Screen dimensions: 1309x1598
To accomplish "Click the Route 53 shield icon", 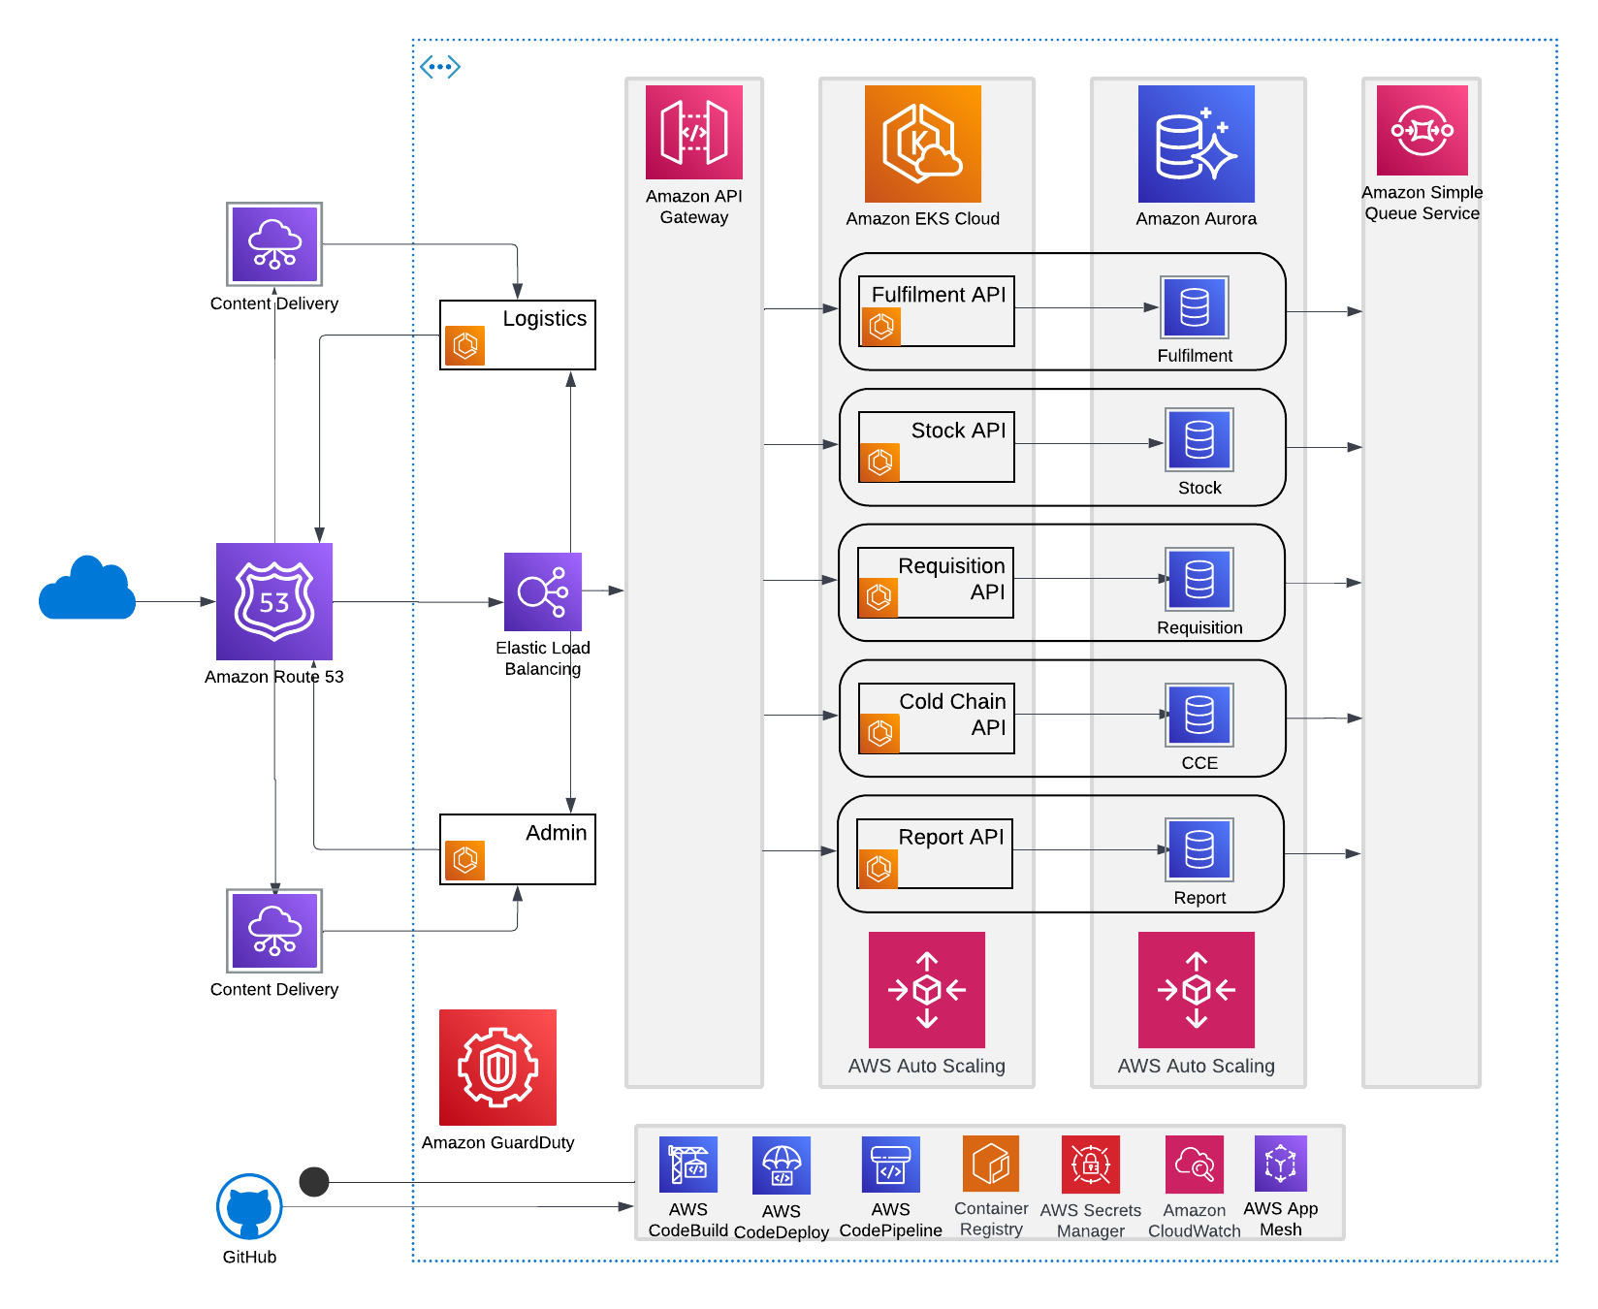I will pos(274,601).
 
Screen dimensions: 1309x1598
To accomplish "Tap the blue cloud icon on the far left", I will pos(87,589).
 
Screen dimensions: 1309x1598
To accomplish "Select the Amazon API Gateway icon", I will pos(693,132).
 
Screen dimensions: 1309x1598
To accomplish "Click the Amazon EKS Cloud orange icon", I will pos(922,144).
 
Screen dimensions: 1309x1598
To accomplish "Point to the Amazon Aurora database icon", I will pos(1196,144).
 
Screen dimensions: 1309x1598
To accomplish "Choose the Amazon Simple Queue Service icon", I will pos(1422,130).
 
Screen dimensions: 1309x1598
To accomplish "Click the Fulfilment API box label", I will pos(938,295).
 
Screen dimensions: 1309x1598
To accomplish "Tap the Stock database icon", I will pos(1198,440).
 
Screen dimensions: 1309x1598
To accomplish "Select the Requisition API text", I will pos(951,579).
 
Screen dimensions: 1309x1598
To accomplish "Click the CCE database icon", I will pos(1198,715).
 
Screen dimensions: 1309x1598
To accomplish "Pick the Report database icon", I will pos(1198,849).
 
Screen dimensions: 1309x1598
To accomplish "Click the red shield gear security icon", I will pos(497,1067).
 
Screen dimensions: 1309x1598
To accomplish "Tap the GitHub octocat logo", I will pos(249,1207).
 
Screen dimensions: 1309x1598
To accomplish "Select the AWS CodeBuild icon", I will pos(688,1164).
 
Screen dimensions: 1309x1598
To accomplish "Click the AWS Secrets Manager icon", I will pos(1090,1164).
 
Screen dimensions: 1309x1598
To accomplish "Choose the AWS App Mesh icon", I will pos(1280,1163).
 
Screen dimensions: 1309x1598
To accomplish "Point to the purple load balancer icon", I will pos(543,591).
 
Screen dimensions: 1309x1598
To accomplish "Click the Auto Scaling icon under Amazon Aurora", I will pos(1196,989).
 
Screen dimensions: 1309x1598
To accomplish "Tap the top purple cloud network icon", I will pos(274,244).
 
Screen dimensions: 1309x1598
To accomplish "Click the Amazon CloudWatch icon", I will pos(1194,1164).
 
